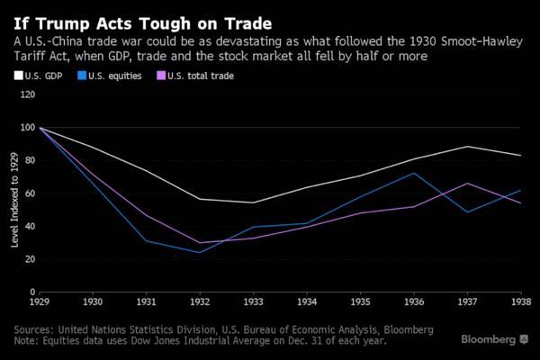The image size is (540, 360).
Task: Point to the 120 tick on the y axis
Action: click(x=27, y=94)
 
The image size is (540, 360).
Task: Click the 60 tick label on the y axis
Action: click(x=29, y=193)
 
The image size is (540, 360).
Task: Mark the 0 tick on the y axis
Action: click(x=32, y=292)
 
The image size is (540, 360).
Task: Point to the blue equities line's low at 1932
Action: click(x=201, y=252)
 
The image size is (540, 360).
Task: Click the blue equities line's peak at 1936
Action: click(x=414, y=173)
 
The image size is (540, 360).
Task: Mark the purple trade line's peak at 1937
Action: click(x=467, y=184)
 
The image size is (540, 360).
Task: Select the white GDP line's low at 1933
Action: click(x=254, y=202)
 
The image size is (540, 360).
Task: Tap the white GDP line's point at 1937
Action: click(x=467, y=147)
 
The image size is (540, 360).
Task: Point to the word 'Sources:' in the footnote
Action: click(x=34, y=329)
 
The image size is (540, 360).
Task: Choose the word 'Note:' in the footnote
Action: click(x=29, y=341)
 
